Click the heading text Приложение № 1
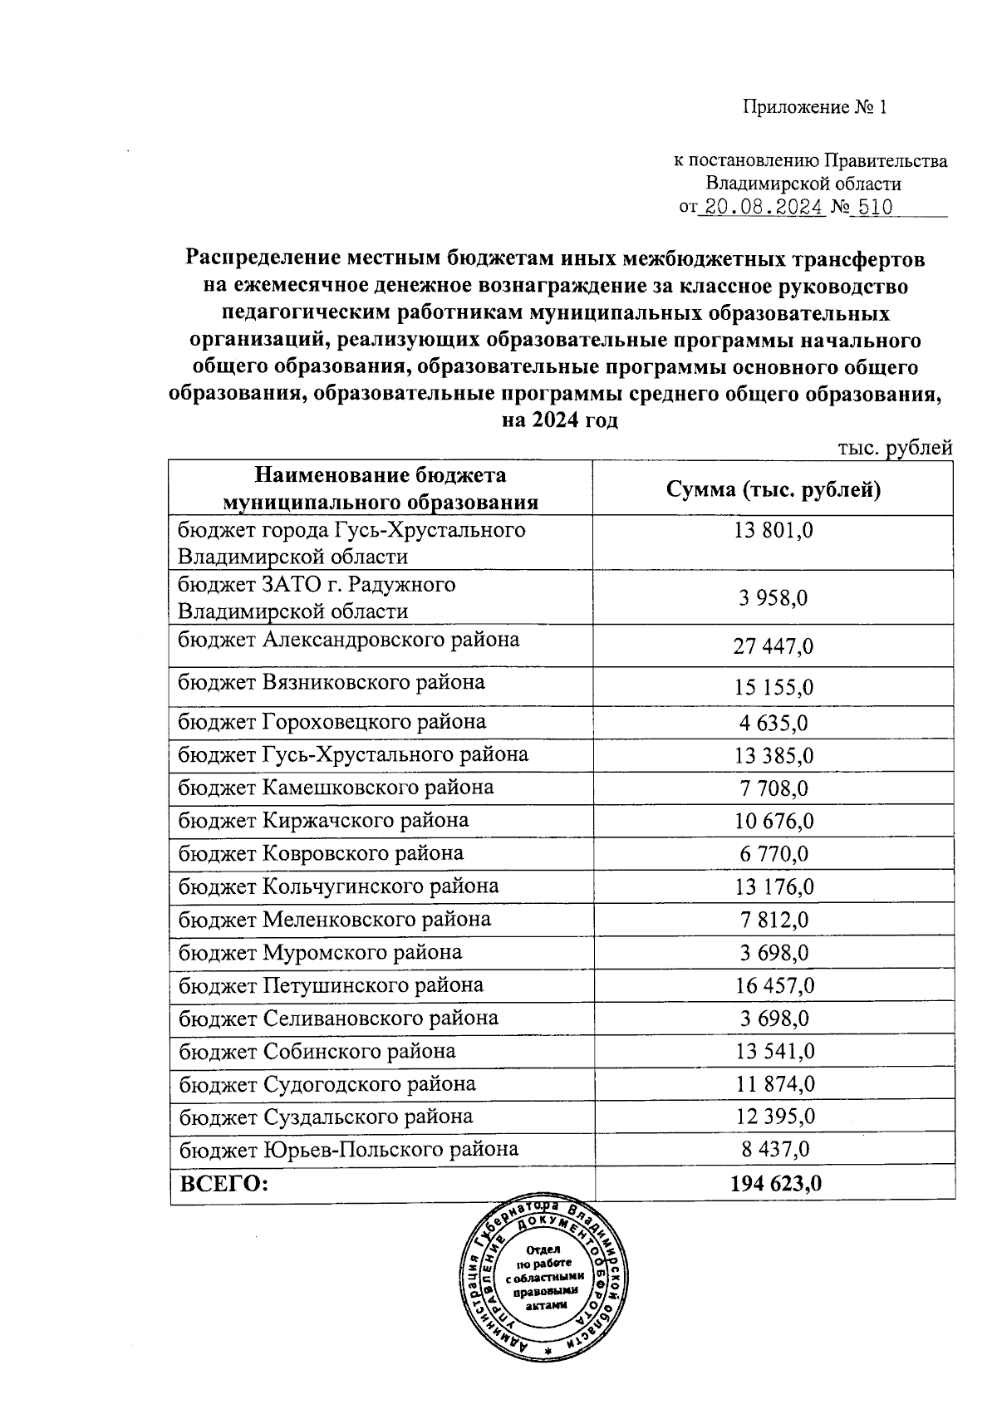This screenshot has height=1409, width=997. click(x=815, y=108)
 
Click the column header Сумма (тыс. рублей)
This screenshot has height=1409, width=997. click(x=773, y=489)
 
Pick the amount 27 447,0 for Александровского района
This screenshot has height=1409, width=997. click(x=773, y=646)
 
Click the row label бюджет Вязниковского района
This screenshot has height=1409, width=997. click(x=332, y=683)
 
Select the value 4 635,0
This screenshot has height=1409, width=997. click(x=773, y=723)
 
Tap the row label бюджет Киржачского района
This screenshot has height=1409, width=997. click(x=323, y=821)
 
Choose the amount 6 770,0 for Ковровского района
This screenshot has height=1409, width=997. click(x=773, y=855)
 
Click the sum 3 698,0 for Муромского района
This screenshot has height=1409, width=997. click(x=773, y=954)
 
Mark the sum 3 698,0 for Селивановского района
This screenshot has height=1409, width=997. click(x=773, y=1019)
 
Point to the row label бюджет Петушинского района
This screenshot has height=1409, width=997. click(x=331, y=986)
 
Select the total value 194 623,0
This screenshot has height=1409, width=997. click(x=775, y=1184)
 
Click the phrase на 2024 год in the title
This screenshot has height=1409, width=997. click(x=561, y=420)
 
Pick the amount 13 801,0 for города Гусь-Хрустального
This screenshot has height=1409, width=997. click(x=773, y=530)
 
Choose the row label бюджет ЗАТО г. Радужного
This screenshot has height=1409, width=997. click(x=317, y=585)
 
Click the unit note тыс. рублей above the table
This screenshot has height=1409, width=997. click(x=894, y=449)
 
